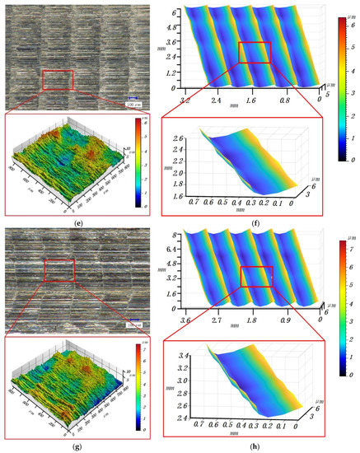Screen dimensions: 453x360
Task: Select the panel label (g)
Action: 79,446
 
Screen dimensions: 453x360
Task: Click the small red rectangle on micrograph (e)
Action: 58,80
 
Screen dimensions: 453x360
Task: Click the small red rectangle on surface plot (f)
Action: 255,52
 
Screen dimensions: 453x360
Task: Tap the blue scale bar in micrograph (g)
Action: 131,322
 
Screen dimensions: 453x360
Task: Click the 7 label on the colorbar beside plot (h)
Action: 348,245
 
